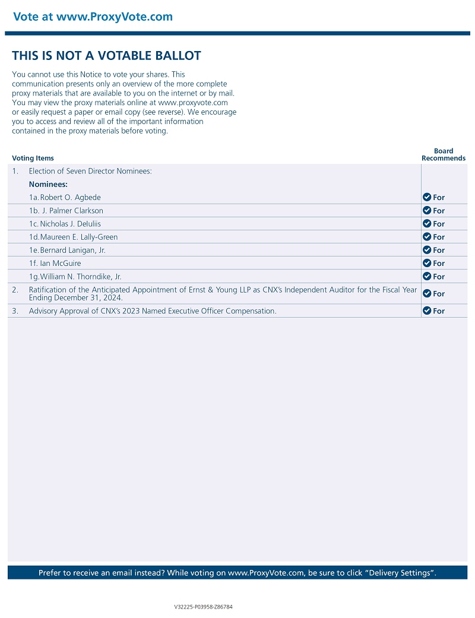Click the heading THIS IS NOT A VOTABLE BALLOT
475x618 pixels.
pos(106,56)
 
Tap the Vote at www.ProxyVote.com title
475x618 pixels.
pos(93,17)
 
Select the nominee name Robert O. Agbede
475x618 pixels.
pos(74,197)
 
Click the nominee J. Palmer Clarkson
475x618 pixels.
pos(72,211)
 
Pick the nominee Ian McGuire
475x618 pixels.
pos(61,263)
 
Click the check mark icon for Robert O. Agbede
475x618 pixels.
pos(426,197)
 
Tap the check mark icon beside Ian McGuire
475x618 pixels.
pos(426,263)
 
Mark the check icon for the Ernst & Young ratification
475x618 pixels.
pos(426,293)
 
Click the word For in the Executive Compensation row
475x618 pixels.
pos(439,311)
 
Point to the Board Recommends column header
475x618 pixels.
pos(444,154)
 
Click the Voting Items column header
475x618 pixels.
pos(33,159)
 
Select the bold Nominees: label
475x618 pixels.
pos(48,184)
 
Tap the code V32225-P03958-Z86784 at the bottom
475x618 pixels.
pos(203,607)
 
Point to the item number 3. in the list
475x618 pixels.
pos(15,311)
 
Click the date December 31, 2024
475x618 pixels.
pos(88,297)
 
